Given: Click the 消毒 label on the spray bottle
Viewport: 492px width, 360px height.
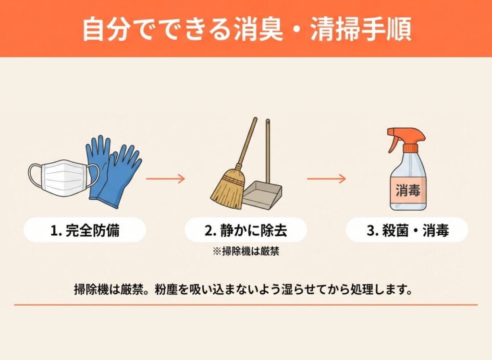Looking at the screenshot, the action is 408,191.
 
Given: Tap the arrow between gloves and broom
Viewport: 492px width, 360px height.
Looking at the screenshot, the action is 166,179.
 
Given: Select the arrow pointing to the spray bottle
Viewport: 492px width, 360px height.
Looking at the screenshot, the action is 326,179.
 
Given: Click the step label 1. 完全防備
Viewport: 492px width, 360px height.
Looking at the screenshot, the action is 85,230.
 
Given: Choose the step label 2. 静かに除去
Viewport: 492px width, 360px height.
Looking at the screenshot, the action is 246,230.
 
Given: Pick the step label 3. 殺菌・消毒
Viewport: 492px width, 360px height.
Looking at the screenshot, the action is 407,230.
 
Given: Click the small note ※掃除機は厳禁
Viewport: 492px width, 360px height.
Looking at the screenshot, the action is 246,251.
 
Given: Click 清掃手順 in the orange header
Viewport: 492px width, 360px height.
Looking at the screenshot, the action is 361,30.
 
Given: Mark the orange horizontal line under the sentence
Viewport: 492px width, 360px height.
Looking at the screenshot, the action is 246,304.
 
